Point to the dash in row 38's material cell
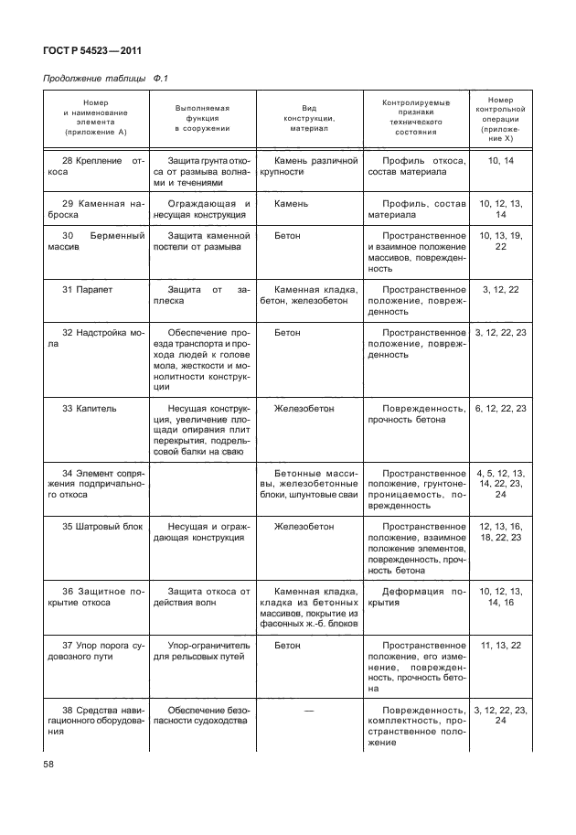(x=308, y=710)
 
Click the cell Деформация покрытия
(x=415, y=597)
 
